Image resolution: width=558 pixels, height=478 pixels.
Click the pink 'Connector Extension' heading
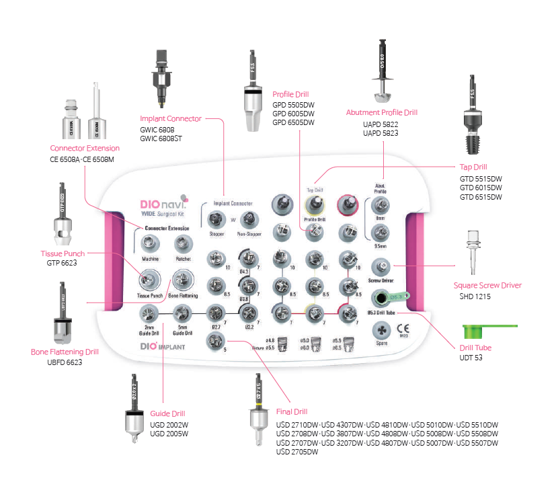(x=85, y=148)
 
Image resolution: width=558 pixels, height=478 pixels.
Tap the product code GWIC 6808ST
(x=162, y=139)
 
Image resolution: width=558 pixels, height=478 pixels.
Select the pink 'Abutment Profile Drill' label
(x=381, y=112)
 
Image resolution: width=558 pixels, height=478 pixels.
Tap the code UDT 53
(x=471, y=357)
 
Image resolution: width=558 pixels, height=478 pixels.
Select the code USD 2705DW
(x=297, y=452)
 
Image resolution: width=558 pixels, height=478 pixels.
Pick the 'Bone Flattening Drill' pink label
(x=65, y=351)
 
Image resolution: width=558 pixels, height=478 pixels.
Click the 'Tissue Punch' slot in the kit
(x=150, y=279)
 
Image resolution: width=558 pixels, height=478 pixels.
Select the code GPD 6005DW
(x=293, y=114)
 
